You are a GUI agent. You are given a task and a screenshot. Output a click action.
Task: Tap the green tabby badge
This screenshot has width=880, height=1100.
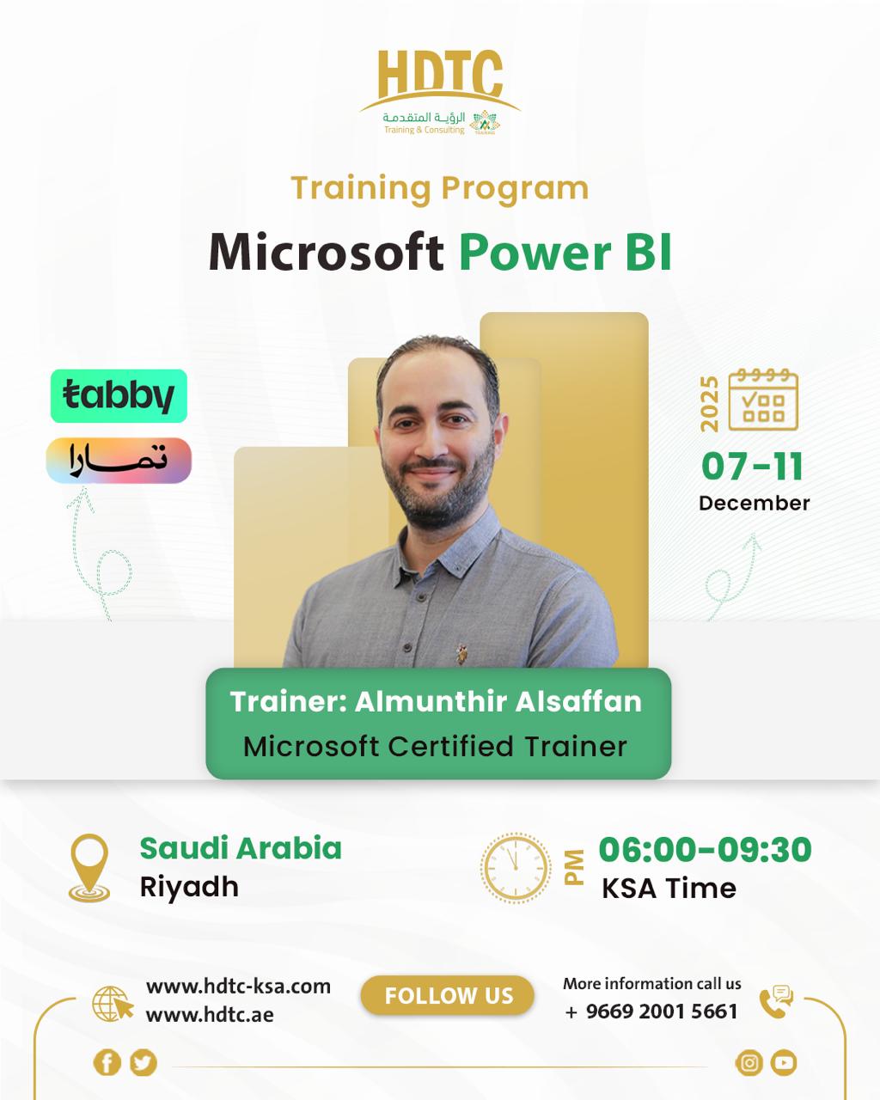tap(119, 396)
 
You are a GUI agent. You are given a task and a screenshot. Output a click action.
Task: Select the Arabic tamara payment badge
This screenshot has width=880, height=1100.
tap(119, 461)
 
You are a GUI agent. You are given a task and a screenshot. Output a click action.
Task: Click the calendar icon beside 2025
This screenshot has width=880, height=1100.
tap(763, 400)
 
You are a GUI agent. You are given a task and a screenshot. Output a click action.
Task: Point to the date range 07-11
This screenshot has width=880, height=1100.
tap(752, 466)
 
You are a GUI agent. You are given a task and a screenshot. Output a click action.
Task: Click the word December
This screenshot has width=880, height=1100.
tap(754, 503)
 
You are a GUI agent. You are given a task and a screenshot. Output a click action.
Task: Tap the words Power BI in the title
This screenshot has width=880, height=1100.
tap(565, 252)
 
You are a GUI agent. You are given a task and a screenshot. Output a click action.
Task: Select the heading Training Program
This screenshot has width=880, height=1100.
tap(439, 187)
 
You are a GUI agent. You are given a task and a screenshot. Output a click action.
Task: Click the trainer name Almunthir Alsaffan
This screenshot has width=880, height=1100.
tap(498, 701)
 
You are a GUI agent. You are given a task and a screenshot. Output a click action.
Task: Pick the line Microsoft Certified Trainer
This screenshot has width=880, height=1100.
tap(436, 746)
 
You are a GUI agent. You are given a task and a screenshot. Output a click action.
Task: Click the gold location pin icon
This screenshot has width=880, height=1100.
tap(89, 868)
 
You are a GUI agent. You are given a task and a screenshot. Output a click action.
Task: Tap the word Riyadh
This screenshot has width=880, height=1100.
tap(189, 886)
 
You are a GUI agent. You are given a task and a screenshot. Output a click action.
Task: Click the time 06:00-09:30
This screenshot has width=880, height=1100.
tap(705, 849)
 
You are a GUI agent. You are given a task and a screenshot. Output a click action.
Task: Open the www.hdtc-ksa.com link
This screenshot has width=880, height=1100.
tap(238, 986)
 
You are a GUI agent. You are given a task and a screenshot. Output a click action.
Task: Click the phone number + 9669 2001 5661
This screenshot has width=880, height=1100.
tap(651, 1011)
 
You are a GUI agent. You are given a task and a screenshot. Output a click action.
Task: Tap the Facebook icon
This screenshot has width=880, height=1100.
tap(107, 1063)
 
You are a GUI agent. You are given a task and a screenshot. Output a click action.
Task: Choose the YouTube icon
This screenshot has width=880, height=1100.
tap(783, 1063)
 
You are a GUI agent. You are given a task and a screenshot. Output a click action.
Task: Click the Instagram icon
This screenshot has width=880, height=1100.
tap(749, 1063)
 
